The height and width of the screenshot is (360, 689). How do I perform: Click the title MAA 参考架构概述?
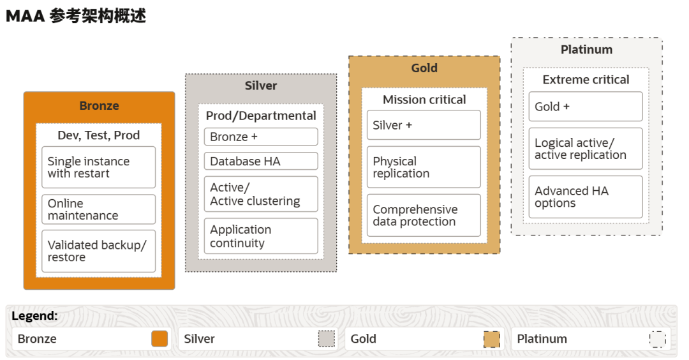(x=76, y=16)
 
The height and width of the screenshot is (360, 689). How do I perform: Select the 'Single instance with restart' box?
(x=99, y=167)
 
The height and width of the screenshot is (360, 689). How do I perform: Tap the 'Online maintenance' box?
(x=99, y=209)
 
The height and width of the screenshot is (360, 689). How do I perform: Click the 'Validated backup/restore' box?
(x=99, y=251)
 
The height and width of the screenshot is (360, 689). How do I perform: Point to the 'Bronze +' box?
(x=261, y=137)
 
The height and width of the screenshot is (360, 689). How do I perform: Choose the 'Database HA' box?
(x=261, y=161)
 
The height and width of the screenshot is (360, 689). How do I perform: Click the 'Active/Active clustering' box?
(x=261, y=194)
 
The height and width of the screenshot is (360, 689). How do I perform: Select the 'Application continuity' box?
(x=261, y=236)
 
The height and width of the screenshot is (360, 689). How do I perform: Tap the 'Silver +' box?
(x=424, y=125)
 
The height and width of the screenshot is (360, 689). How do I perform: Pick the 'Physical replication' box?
(x=424, y=167)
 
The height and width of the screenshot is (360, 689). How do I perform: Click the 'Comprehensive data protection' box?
(x=424, y=215)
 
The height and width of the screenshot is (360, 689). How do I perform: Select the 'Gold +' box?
(x=586, y=107)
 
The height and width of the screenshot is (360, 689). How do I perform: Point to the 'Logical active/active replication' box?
(x=586, y=149)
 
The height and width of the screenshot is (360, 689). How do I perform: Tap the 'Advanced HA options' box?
(x=586, y=197)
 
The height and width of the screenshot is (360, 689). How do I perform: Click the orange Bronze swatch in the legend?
(x=159, y=339)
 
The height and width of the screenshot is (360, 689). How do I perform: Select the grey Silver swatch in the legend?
(x=327, y=339)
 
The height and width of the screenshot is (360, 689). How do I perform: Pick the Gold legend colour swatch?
(x=492, y=339)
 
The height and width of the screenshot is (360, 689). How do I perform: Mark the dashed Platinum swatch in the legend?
(x=658, y=339)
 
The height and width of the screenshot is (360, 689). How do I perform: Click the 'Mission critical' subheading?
(x=424, y=100)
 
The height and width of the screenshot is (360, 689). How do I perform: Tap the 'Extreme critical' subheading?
(x=586, y=80)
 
